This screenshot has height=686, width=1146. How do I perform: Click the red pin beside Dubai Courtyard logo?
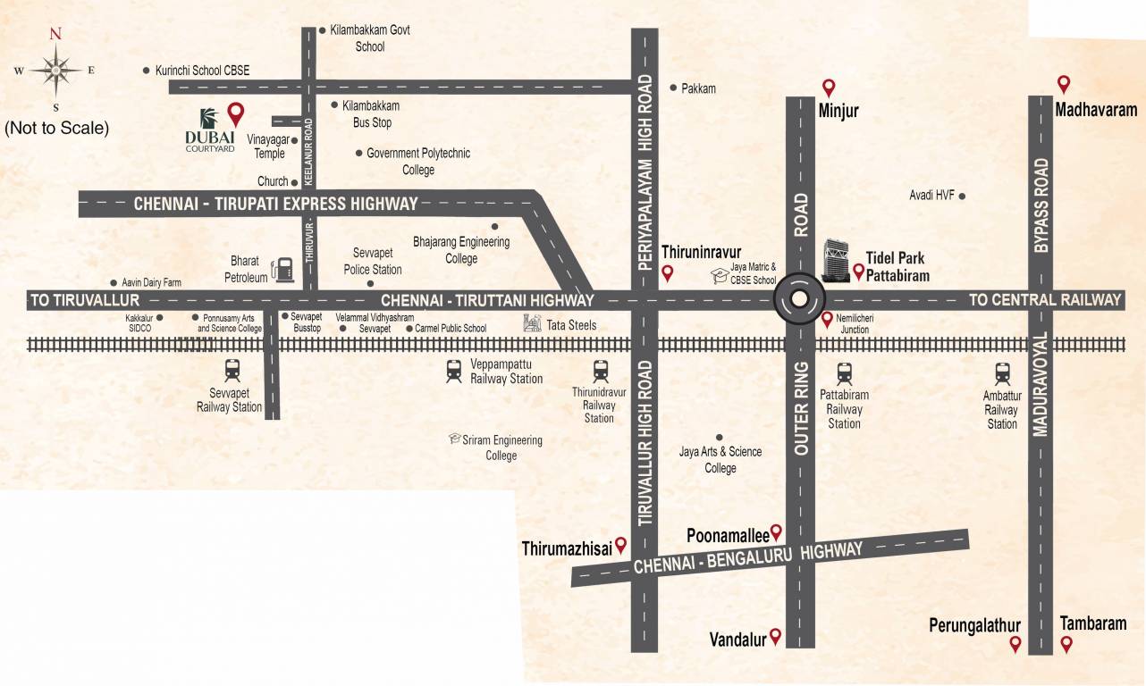[x=235, y=113]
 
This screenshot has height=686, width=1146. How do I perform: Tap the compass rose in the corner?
[x=55, y=69]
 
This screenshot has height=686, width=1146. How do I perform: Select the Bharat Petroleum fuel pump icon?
[x=284, y=269]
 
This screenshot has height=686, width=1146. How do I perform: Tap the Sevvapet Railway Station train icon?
[x=232, y=369]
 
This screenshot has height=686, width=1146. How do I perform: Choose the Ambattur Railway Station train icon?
[x=1002, y=373]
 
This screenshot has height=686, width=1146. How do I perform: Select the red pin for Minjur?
[x=829, y=88]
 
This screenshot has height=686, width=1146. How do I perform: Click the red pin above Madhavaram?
[x=1064, y=84]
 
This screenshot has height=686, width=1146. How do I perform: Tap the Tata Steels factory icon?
[x=533, y=324]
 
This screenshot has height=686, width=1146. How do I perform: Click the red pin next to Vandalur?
[x=775, y=637]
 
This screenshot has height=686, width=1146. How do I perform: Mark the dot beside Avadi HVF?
[x=963, y=195]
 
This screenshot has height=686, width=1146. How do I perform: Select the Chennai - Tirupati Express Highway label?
[x=275, y=204]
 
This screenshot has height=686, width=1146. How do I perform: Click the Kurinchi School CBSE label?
[x=202, y=70]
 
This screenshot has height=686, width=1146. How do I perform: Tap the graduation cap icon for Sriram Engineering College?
[x=455, y=439]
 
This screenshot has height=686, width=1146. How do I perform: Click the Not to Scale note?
[x=56, y=128]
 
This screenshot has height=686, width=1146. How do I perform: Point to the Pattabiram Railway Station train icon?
[x=844, y=373]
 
